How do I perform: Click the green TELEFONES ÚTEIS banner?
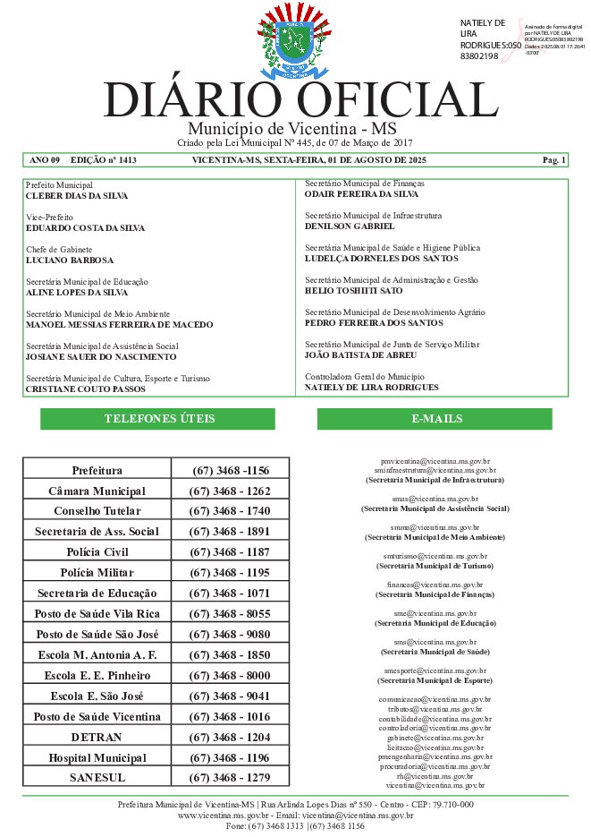pos(158,419)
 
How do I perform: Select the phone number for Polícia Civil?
pos(230,551)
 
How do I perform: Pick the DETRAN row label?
pos(97,737)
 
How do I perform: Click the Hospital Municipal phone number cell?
pos(230,757)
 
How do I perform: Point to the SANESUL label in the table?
pos(97,778)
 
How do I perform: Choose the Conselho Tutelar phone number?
pos(230,511)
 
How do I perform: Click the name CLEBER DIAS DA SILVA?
pos(77,195)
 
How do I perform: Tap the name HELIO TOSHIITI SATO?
pos(354,291)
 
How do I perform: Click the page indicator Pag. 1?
pos(554,160)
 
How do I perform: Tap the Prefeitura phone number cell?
pos(230,470)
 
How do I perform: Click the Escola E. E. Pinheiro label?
pos(97,675)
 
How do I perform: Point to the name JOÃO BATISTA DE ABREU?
pos(361,355)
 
